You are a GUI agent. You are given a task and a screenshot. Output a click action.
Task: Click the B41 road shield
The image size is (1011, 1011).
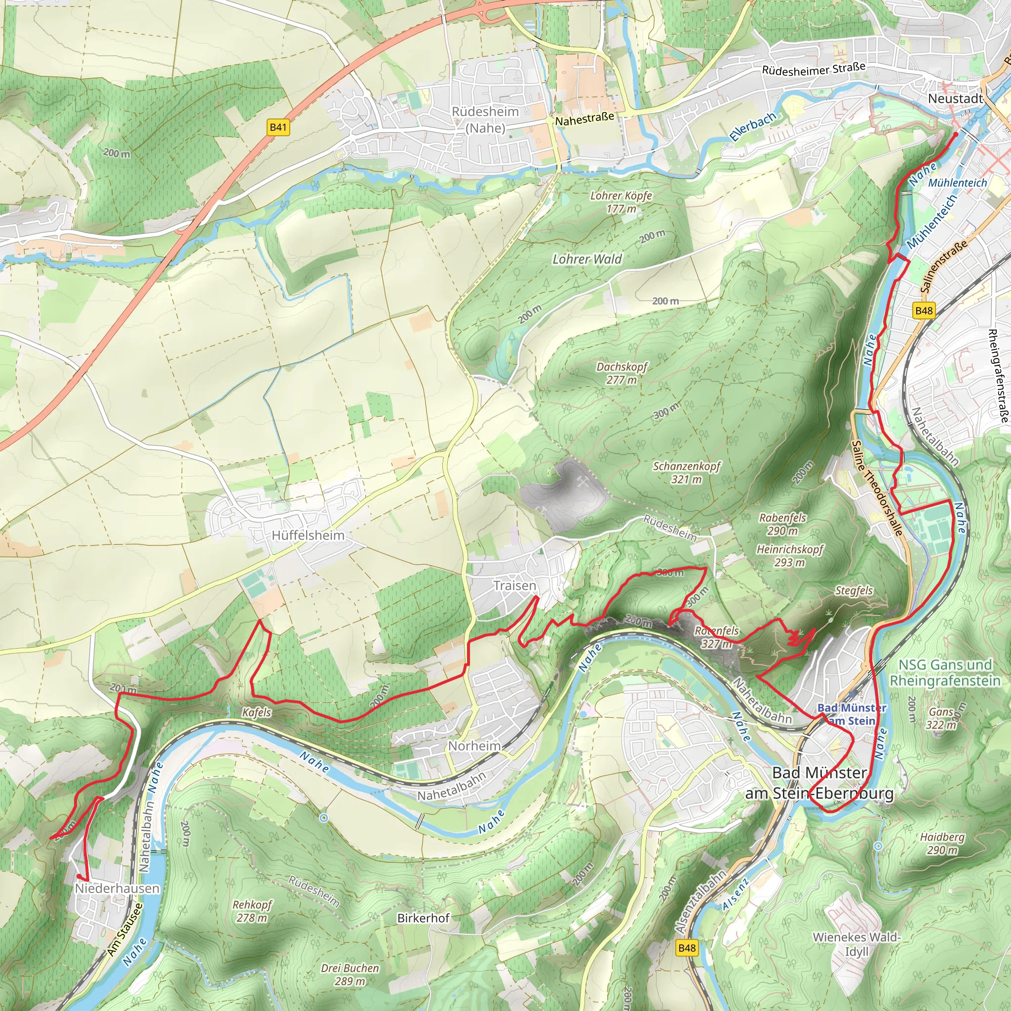[x=278, y=127]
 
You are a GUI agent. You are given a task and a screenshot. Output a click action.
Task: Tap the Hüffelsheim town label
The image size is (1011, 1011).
[x=308, y=535]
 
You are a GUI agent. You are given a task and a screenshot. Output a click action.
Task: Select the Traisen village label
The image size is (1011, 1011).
[x=514, y=585]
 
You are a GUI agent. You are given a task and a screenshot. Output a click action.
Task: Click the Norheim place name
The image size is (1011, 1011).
[x=474, y=746]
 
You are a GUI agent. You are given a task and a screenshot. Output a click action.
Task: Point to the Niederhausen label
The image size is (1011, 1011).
[x=117, y=889]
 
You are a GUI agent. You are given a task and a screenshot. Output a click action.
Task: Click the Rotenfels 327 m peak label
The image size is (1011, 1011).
[x=716, y=637]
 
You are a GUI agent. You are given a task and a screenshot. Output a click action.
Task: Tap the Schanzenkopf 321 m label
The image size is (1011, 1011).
[x=687, y=472]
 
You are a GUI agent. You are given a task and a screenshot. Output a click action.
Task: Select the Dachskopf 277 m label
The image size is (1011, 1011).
[x=622, y=373]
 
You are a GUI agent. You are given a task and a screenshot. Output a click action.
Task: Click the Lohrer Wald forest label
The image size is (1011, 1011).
[x=587, y=259]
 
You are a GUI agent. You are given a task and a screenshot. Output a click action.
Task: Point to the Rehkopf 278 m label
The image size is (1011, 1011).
[x=252, y=911]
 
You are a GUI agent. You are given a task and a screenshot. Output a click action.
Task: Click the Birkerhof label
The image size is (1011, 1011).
[x=424, y=918]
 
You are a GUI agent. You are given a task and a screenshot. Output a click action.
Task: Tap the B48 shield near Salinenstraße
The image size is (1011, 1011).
[x=924, y=311]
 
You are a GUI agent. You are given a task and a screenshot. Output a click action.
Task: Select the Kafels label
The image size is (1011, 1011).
[x=256, y=712]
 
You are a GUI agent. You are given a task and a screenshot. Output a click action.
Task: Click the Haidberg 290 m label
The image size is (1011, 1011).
[x=942, y=844]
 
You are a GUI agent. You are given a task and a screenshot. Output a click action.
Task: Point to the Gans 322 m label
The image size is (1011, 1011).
[x=941, y=718]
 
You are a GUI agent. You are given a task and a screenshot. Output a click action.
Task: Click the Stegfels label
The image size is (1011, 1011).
[x=854, y=591]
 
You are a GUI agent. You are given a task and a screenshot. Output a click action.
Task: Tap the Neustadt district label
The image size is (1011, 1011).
[x=955, y=98]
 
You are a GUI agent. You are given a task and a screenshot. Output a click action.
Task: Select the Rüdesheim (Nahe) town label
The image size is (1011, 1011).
[x=485, y=119]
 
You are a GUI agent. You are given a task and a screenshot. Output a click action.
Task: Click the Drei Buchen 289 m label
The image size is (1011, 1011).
[x=350, y=974]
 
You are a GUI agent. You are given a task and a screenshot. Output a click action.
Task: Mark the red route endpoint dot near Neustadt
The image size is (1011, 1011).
[x=956, y=134]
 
